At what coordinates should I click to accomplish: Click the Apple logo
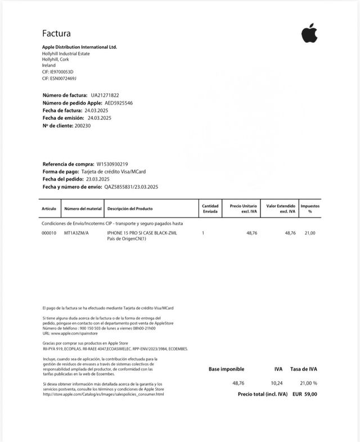click(309, 34)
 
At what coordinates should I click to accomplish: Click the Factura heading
click(56, 34)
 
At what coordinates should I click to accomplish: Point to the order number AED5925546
click(119, 103)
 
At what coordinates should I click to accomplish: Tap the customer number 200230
click(82, 125)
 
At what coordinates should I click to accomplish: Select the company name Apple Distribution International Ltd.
click(79, 47)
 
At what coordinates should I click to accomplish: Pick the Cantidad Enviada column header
click(210, 208)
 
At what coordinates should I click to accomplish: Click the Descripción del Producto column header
click(130, 209)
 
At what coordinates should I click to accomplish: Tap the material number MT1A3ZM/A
click(76, 233)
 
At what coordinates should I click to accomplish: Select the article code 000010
click(49, 233)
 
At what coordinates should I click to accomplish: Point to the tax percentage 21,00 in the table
click(310, 233)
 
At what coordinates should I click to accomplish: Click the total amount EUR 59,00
click(305, 394)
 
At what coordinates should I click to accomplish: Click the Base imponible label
click(226, 369)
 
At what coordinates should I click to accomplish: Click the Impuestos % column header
click(310, 208)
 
